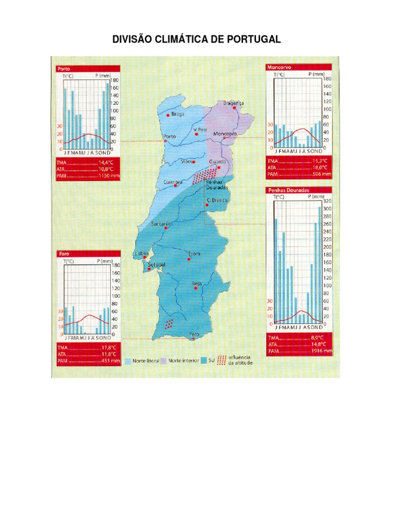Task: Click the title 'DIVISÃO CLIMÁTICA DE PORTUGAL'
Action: (x=197, y=40)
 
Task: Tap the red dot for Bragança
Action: (x=234, y=108)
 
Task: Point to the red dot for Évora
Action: (x=189, y=259)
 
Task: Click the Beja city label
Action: (x=197, y=283)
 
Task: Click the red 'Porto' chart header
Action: (x=64, y=68)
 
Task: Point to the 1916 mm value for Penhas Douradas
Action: (x=321, y=352)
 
